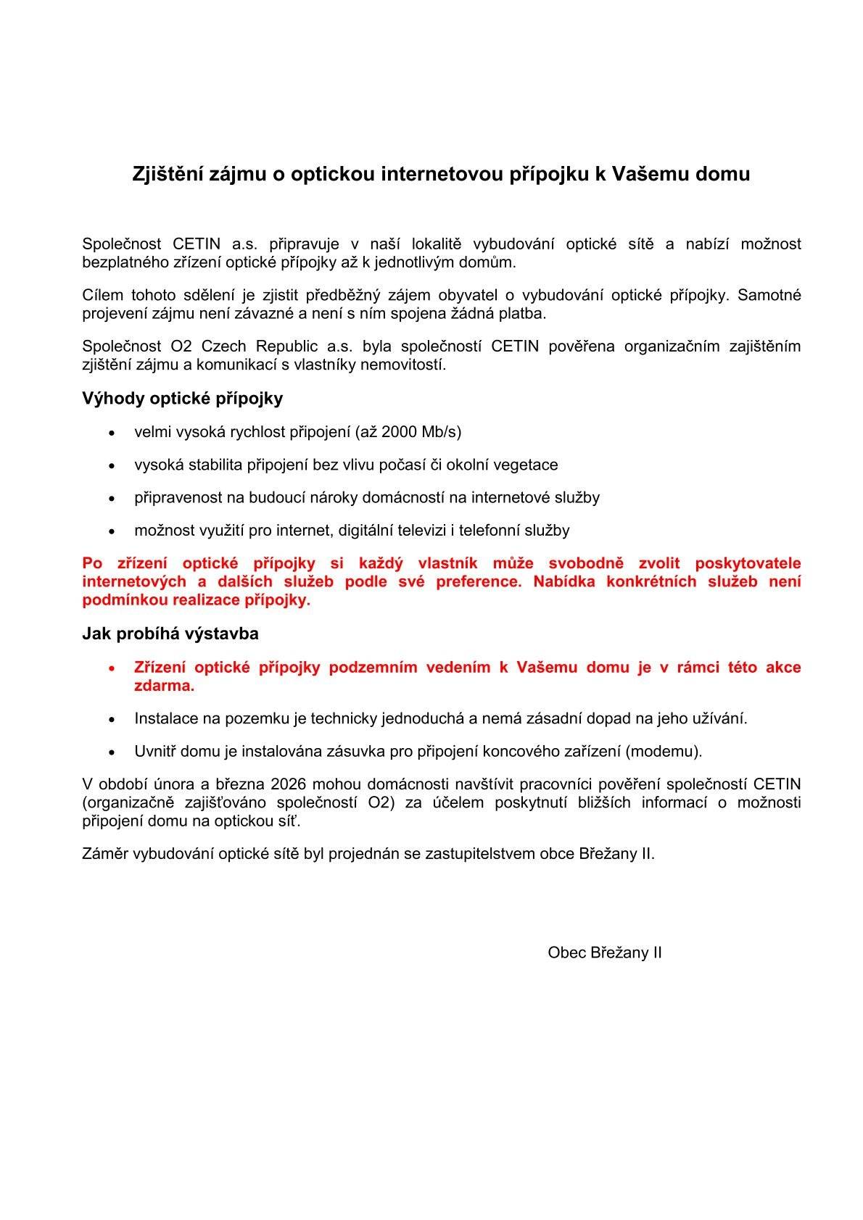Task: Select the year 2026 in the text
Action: (288, 784)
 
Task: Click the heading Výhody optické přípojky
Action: (182, 398)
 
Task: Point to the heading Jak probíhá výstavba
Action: (170, 634)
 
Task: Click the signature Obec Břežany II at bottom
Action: (604, 953)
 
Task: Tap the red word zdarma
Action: (164, 686)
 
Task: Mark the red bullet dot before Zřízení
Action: (111, 668)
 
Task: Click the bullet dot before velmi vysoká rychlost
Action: (111, 433)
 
